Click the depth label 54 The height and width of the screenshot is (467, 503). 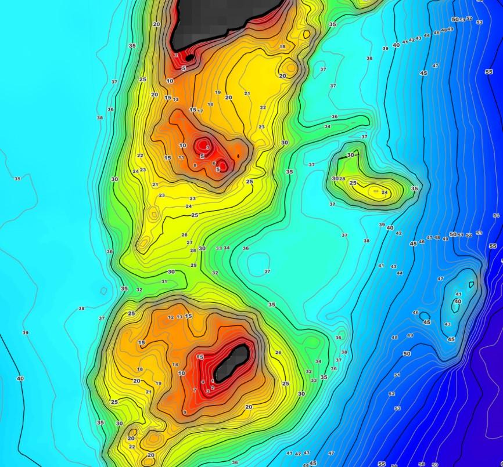click(x=496, y=216)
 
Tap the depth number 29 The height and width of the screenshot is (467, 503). click(x=193, y=265)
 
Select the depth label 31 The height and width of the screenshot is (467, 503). click(x=164, y=281)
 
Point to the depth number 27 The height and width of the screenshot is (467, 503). click(x=189, y=242)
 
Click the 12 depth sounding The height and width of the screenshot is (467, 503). click(x=171, y=317)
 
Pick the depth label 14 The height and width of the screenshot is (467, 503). click(x=175, y=364)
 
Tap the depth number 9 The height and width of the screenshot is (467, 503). click(x=185, y=412)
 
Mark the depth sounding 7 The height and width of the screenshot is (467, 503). click(x=195, y=390)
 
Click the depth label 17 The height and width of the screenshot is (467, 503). click(x=200, y=111)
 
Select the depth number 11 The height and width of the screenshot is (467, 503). click(x=181, y=157)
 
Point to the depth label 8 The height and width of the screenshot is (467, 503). click(x=195, y=165)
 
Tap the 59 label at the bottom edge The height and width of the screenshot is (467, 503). click(x=435, y=465)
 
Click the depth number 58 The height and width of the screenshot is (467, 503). click(x=421, y=464)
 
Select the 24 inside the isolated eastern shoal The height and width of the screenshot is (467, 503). click(x=385, y=192)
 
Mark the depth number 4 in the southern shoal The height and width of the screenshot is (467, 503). click(x=203, y=382)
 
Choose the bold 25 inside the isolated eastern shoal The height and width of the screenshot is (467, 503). click(x=353, y=183)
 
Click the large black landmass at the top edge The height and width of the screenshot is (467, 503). click(x=227, y=17)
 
